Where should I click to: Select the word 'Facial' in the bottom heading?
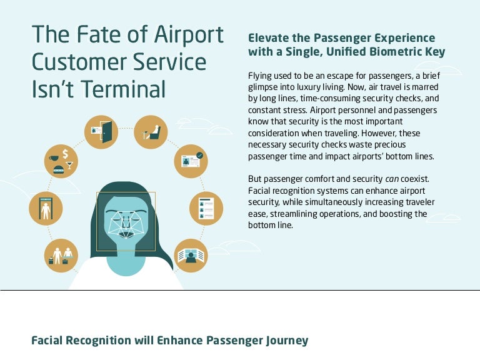point(49,341)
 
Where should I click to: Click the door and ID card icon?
point(101,132)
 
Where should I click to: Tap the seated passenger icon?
point(151,132)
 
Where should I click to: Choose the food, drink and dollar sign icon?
point(61,161)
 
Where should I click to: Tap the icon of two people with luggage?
point(61,255)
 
